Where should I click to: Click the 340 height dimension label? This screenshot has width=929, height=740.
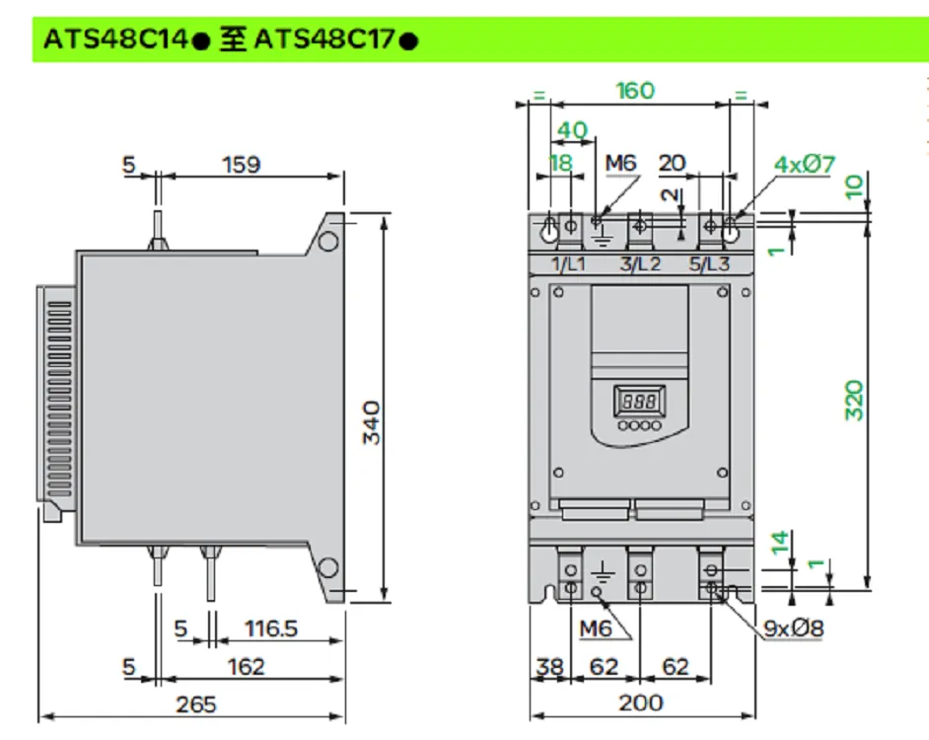[372, 422]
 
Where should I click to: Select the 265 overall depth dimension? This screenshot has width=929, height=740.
[196, 704]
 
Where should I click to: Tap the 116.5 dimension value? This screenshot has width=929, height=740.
[271, 628]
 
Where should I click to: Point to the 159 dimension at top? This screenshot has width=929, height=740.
[242, 164]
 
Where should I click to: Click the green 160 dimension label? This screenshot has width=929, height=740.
[635, 91]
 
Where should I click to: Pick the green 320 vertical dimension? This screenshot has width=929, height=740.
[854, 401]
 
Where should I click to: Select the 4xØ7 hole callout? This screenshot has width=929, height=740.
[805, 164]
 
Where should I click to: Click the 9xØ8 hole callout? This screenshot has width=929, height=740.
[794, 628]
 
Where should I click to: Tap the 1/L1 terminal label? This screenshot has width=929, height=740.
[568, 263]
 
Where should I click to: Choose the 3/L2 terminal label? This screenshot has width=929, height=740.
[640, 263]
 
